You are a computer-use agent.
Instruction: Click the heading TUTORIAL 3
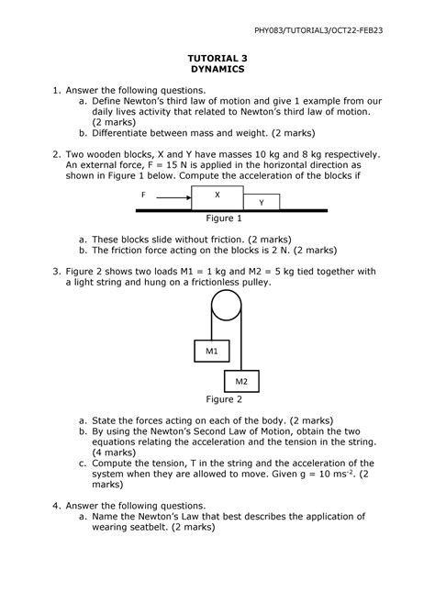(x=217, y=57)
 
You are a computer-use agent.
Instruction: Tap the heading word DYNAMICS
(x=217, y=69)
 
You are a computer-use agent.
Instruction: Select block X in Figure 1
(x=217, y=196)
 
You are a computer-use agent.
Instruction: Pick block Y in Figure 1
(x=262, y=202)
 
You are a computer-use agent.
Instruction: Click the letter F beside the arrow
(x=144, y=196)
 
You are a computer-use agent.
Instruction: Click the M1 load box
(x=211, y=351)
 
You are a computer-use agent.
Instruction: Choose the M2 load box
(x=241, y=380)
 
